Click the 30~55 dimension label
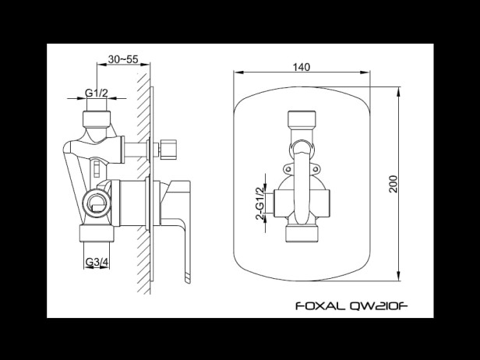tap(123, 59)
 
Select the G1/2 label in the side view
tap(97, 93)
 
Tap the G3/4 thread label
tap(97, 262)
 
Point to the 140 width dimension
tap(302, 67)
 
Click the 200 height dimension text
tap(393, 184)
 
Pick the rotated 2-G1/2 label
tap(259, 203)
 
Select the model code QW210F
tap(379, 305)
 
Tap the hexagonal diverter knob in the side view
tap(168, 150)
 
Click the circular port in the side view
tap(97, 203)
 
